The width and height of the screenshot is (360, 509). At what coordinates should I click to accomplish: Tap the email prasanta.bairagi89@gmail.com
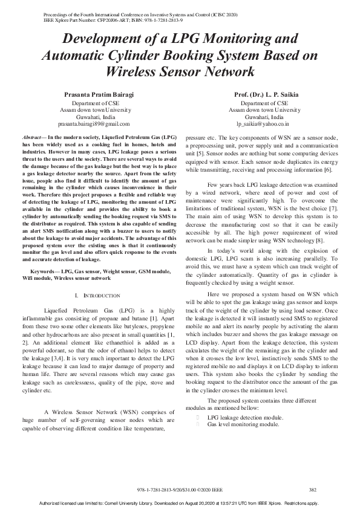[94, 124]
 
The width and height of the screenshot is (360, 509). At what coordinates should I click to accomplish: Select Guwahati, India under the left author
[94, 117]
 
